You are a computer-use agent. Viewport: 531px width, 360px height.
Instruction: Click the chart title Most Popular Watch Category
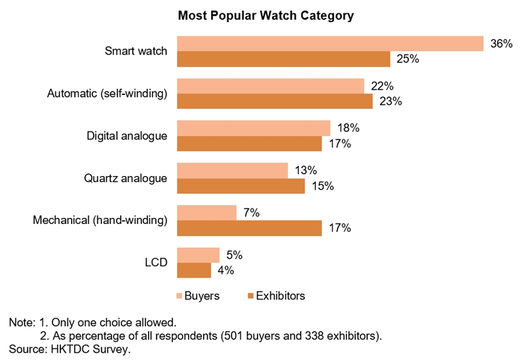265,14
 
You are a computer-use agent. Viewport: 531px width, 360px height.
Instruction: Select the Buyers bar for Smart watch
330,43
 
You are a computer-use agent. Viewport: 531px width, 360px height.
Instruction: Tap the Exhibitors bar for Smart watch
283,59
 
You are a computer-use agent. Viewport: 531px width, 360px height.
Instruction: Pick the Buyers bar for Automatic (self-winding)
271,86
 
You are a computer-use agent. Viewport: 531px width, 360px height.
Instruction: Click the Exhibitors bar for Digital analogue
249,143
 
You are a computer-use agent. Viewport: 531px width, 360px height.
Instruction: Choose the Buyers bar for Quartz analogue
232,170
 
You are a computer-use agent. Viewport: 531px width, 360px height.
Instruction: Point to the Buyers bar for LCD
198,255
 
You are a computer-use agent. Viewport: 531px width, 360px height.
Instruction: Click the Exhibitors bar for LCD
194,270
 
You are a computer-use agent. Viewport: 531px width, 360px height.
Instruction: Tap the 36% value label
501,44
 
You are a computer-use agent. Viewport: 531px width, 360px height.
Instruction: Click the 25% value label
408,59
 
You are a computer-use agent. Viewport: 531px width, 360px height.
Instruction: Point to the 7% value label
251,213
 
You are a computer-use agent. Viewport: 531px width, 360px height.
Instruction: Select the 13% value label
305,171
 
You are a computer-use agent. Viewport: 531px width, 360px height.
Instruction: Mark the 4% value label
226,270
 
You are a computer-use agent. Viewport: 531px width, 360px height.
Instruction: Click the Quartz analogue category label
125,178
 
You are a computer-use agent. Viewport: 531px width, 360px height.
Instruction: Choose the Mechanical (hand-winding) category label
100,221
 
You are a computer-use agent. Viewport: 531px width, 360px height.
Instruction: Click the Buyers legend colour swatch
180,296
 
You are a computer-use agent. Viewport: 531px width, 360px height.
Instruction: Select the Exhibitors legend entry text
282,296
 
